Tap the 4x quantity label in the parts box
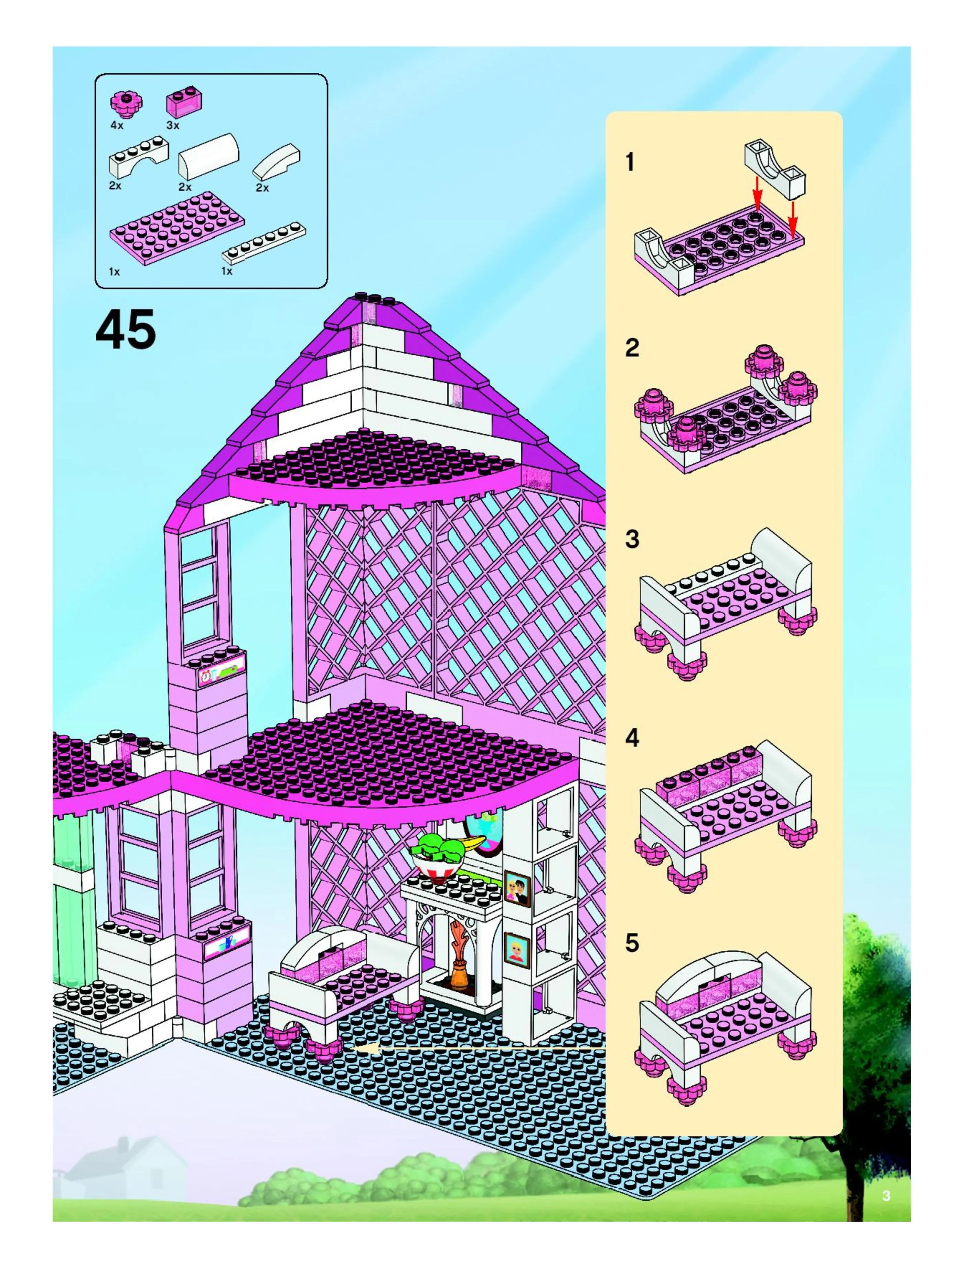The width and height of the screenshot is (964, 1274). pos(117,125)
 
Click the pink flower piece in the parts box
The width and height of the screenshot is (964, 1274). pos(127,103)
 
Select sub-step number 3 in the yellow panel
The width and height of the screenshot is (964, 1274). pos(632,539)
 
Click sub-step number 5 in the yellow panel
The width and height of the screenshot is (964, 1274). pos(632,943)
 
